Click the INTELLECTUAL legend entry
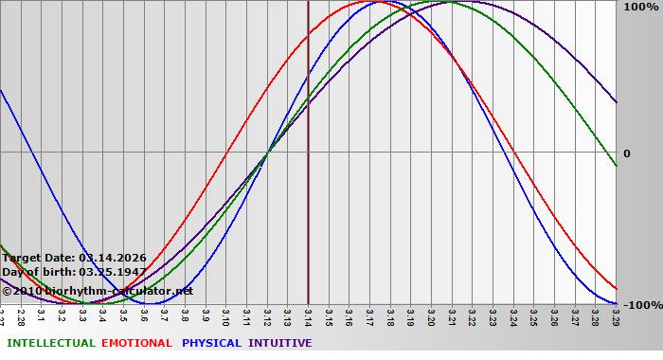(50, 343)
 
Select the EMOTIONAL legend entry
(136, 343)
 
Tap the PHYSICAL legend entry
(210, 343)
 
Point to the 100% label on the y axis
(640, 8)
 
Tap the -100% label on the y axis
(642, 305)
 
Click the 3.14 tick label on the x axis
(309, 315)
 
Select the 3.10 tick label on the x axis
(226, 315)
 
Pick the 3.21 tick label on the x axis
(452, 315)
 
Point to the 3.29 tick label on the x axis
(616, 315)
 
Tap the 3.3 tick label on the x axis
(83, 315)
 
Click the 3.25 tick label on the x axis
(534, 315)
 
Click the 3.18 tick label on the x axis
(390, 315)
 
